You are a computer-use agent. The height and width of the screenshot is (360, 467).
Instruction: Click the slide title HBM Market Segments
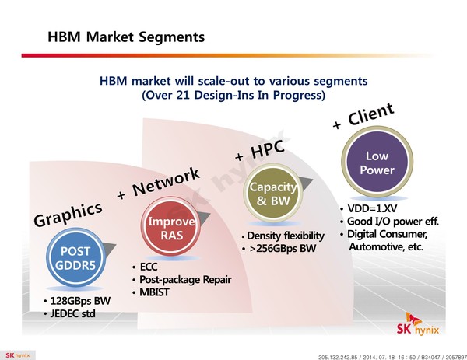(x=126, y=37)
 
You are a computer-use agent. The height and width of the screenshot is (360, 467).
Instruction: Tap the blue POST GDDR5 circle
(x=75, y=257)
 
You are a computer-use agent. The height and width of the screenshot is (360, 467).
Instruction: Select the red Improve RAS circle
(x=170, y=228)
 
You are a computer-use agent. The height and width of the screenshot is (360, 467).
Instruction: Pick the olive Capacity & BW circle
(x=273, y=193)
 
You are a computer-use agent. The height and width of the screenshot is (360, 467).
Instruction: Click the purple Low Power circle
(x=377, y=163)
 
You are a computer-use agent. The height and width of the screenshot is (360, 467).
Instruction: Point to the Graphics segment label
(x=68, y=214)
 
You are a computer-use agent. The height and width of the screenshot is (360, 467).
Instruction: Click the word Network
(x=167, y=181)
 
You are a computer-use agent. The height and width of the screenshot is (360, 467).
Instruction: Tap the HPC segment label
(x=267, y=149)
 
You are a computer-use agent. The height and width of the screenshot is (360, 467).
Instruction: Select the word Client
(x=371, y=114)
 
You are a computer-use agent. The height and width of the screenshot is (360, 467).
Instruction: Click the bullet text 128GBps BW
(x=80, y=301)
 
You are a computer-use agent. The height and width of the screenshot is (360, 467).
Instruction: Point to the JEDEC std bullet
(x=73, y=313)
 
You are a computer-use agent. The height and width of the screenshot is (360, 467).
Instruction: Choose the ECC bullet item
(x=149, y=267)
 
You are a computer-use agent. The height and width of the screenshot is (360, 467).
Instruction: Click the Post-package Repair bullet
(x=185, y=280)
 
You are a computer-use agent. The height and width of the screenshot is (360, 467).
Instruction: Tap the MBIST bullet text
(x=154, y=292)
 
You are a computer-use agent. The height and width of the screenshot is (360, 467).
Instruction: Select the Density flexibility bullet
(x=286, y=236)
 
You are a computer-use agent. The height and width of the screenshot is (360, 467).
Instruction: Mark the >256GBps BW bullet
(x=283, y=249)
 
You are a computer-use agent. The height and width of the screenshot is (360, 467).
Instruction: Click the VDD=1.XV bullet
(x=372, y=208)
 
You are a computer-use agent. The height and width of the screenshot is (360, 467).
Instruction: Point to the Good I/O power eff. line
(x=393, y=222)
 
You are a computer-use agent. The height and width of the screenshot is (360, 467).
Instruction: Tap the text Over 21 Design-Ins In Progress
(x=233, y=95)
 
